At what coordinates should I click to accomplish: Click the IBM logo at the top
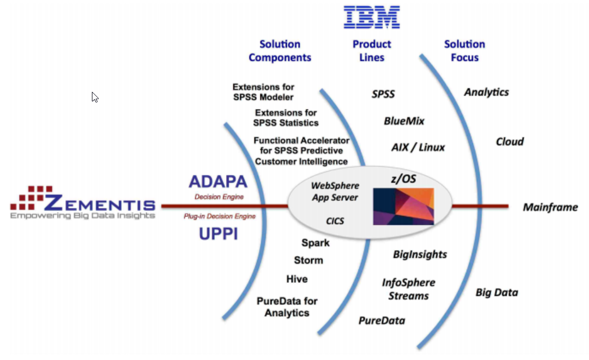372,17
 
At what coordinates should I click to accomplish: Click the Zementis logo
83,203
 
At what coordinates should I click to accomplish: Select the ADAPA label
218,182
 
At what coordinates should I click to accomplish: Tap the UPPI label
218,234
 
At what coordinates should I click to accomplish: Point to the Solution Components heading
280,51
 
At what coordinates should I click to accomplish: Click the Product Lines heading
371,51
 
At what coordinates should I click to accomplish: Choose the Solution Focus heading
464,51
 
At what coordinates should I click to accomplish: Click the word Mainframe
550,207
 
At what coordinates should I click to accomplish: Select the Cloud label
510,141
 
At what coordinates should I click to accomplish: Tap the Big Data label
497,292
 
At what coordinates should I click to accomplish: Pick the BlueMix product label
404,121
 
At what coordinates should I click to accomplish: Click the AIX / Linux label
418,148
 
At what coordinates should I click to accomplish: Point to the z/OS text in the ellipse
403,179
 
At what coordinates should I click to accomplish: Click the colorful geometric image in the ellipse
403,206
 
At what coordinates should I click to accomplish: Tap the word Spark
315,243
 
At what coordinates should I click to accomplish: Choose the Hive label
297,279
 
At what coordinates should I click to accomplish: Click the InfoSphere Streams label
409,289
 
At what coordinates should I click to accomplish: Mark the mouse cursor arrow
95,97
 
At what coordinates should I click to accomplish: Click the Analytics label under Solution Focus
486,92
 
